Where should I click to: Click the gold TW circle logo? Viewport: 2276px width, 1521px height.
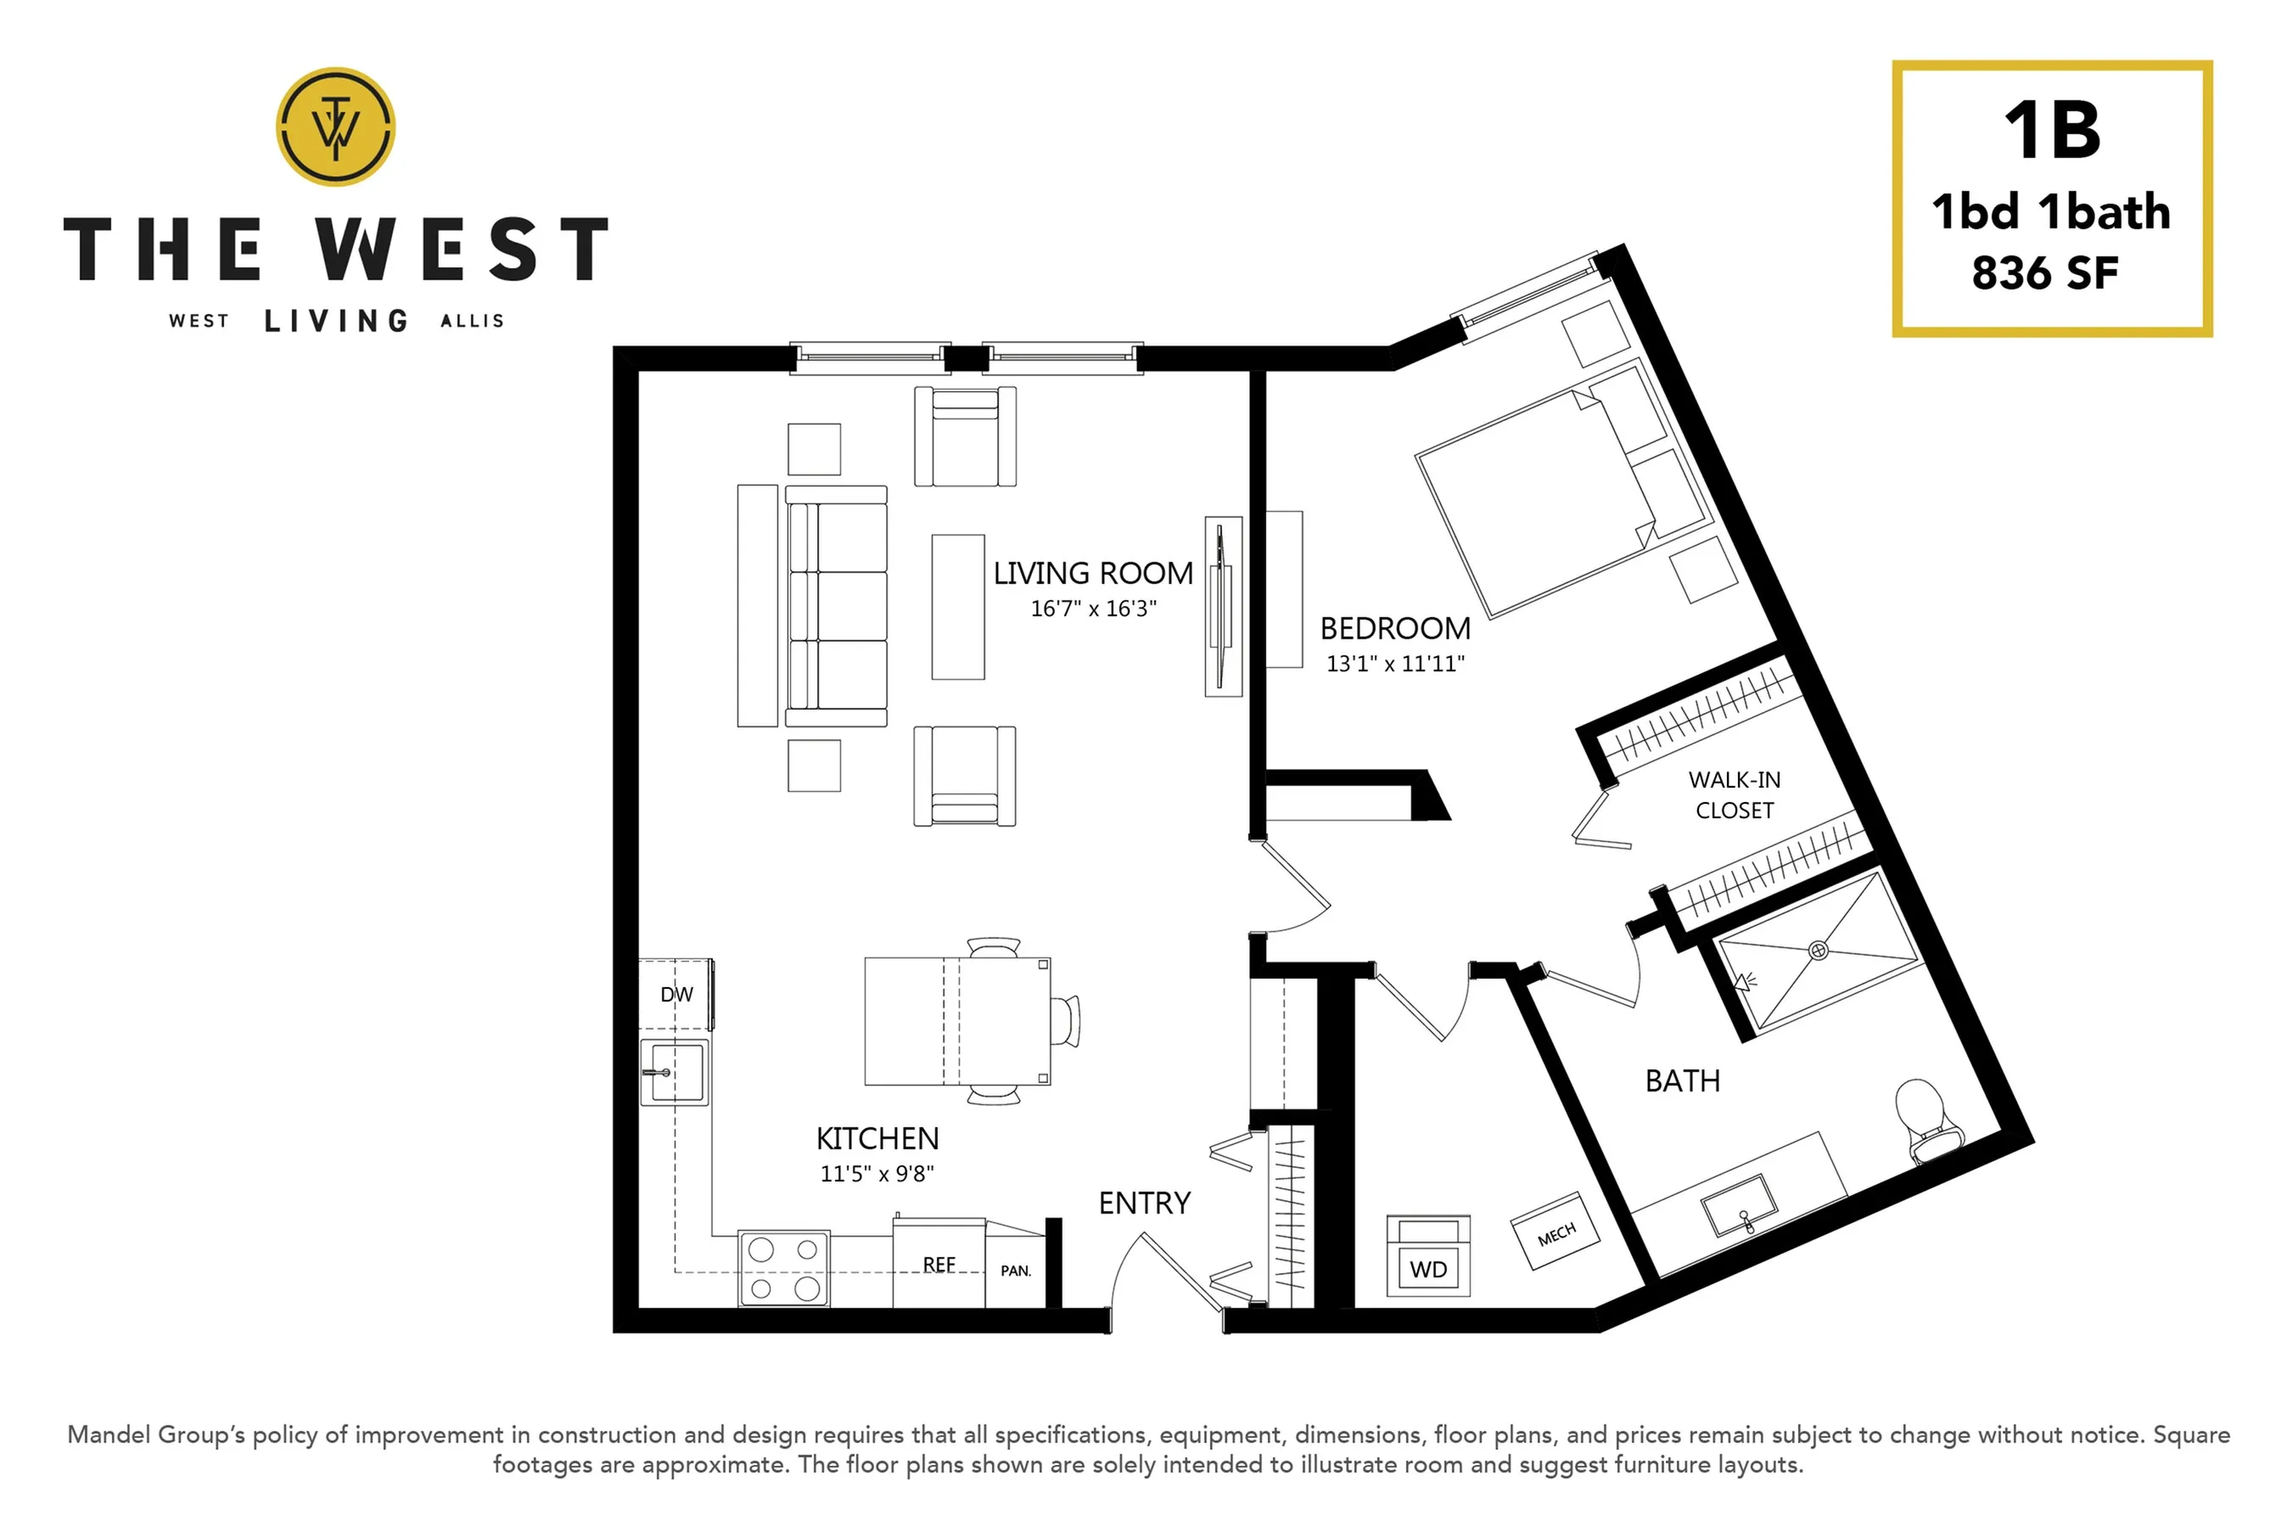click(335, 126)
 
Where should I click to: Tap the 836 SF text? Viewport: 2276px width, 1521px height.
click(2045, 273)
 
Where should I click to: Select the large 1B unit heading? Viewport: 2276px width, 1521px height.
click(2052, 131)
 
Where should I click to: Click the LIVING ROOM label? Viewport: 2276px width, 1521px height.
click(1093, 573)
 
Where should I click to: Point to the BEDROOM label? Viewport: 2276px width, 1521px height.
click(1394, 629)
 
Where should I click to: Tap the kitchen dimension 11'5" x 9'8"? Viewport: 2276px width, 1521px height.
click(877, 1174)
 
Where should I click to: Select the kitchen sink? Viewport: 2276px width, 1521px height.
click(674, 1072)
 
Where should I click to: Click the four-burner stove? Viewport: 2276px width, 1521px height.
click(783, 1269)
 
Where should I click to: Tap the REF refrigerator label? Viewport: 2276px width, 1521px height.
click(939, 1265)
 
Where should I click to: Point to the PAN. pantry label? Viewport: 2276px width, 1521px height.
click(1015, 1271)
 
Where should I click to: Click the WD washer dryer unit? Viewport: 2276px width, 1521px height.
click(1428, 1256)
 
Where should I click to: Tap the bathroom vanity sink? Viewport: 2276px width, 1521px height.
click(1741, 1206)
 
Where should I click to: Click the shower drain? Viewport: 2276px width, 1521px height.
click(1819, 951)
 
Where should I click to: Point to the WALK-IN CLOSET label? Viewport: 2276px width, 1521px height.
click(1734, 795)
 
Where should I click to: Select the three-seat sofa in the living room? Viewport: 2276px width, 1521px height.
click(835, 606)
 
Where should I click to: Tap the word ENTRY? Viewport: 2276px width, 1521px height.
click(1144, 1204)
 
